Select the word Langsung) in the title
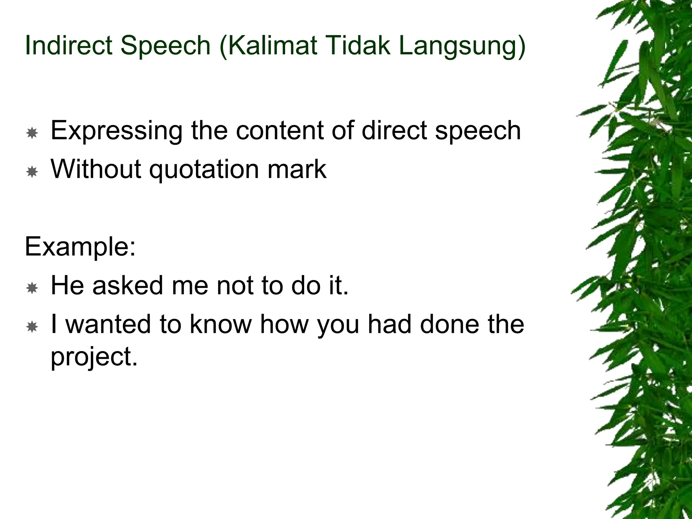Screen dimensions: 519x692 [462, 47]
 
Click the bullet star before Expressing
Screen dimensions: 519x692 [32, 133]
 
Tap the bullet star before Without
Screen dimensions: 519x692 [32, 172]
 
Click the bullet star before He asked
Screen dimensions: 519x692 [32, 288]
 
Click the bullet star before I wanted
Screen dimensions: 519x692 [32, 327]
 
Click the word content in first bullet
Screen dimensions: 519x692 [280, 131]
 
